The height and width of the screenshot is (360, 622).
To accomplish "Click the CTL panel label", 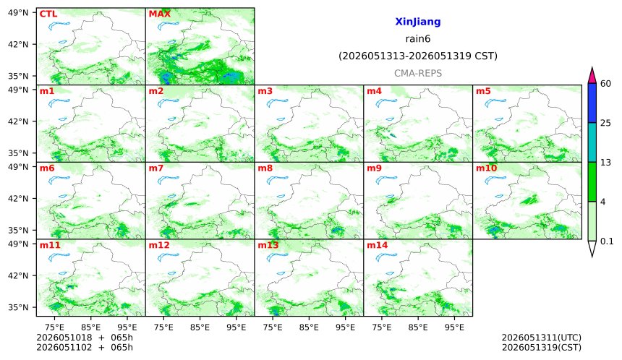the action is [48, 14].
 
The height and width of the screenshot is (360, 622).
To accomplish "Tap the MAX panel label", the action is [159, 14].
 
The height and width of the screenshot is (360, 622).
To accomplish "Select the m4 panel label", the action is [374, 91].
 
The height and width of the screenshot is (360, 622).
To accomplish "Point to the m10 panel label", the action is [486, 168].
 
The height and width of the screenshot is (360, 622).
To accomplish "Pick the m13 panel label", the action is [268, 245].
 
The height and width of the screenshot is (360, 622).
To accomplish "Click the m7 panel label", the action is [156, 168].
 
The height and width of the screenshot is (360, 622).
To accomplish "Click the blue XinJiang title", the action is [418, 22].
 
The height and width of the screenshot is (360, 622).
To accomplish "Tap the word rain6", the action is [418, 39].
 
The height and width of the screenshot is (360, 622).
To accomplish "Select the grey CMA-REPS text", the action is [418, 73].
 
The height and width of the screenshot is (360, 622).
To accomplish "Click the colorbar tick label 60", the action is [606, 84].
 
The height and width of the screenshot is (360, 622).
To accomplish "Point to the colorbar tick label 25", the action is [606, 123].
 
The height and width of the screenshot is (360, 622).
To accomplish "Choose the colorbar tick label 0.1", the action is [607, 241].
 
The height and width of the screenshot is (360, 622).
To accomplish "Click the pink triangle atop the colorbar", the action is [592, 76].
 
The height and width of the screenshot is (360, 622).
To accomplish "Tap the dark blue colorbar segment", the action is [592, 103].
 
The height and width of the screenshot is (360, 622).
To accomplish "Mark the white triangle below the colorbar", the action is [592, 248].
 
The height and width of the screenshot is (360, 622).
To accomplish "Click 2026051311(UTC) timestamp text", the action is [542, 338].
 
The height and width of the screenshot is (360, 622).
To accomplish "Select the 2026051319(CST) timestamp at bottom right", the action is [542, 347].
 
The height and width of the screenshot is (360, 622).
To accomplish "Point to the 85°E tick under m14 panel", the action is [418, 327].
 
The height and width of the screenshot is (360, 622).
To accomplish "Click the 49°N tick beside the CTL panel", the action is [18, 13].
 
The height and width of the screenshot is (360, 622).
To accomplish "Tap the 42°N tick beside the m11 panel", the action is [18, 275].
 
